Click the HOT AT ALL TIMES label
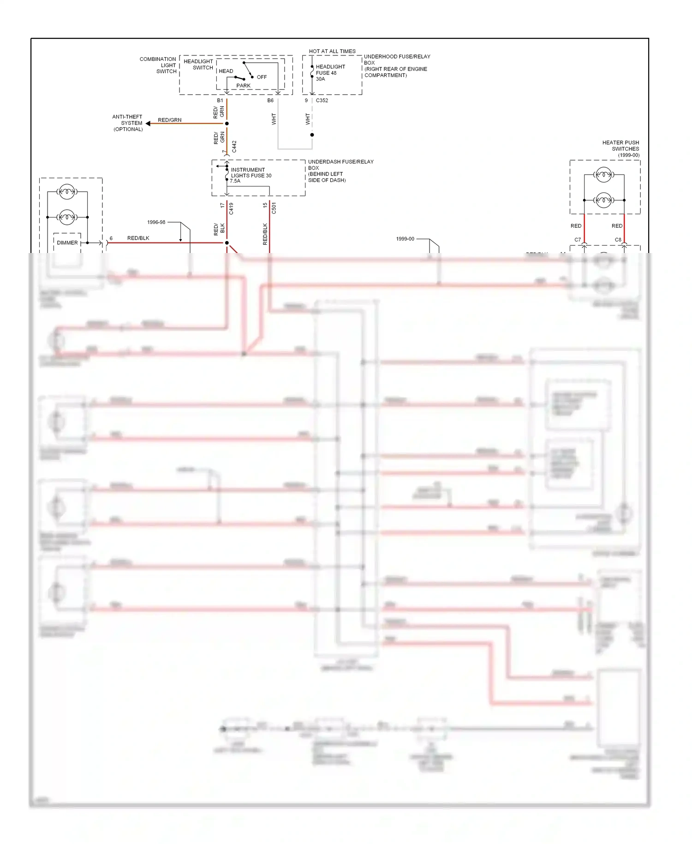[x=332, y=51]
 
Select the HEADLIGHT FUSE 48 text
[x=330, y=70]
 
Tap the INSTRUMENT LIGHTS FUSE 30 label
[x=251, y=173]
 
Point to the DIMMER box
[x=67, y=243]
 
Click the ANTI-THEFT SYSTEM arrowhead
[x=148, y=123]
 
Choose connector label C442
[x=234, y=147]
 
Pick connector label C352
[x=322, y=100]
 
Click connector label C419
[x=231, y=209]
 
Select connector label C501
[x=274, y=208]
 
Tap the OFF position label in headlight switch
[x=262, y=77]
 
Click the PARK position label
[x=244, y=85]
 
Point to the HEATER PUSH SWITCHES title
[x=621, y=146]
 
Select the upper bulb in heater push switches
[x=603, y=175]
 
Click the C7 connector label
[x=578, y=240]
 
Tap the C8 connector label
[x=618, y=240]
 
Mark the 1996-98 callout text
[x=156, y=222]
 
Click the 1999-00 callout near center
[x=405, y=239]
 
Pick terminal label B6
[x=270, y=100]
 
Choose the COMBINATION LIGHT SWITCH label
[x=158, y=65]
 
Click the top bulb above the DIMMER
[x=67, y=192]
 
